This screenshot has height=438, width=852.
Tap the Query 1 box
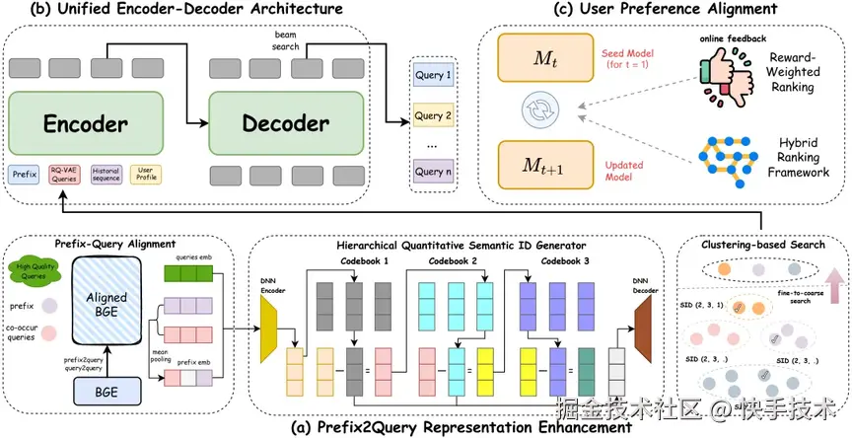(435, 75)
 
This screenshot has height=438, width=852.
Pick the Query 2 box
(435, 116)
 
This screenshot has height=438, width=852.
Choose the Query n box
(435, 172)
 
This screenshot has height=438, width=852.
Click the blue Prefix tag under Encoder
(25, 175)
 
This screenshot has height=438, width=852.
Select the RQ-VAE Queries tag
(64, 175)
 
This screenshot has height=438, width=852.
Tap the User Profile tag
(145, 175)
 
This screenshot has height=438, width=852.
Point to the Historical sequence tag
(106, 175)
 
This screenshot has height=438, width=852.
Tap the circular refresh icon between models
(537, 114)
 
